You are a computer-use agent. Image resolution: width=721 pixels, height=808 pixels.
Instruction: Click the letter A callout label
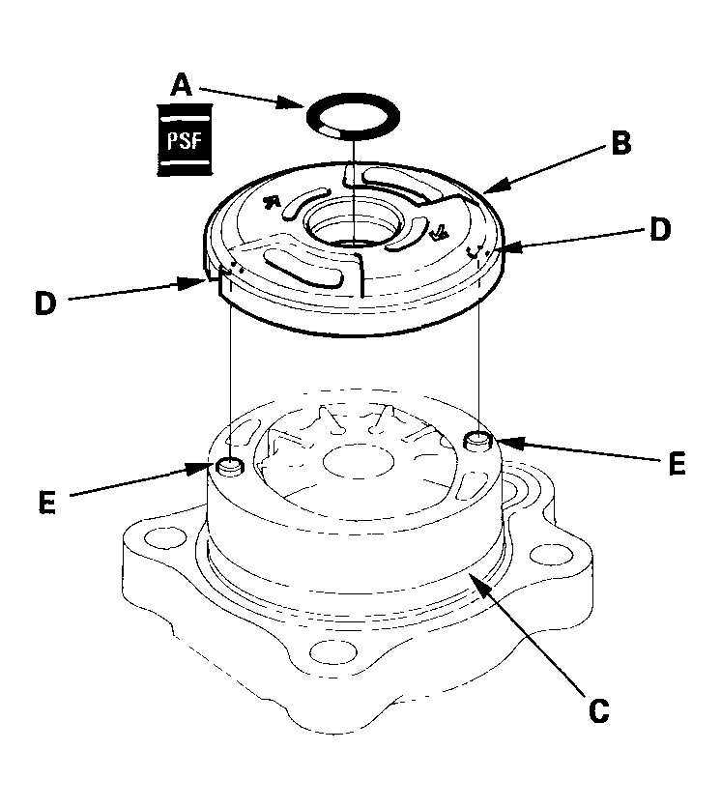click(180, 85)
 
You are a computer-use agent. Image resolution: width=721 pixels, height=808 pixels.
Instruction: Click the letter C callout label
click(598, 710)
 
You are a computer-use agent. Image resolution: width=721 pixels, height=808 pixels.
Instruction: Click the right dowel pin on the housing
click(476, 442)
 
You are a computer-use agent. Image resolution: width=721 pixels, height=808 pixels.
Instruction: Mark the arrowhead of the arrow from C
click(468, 574)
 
